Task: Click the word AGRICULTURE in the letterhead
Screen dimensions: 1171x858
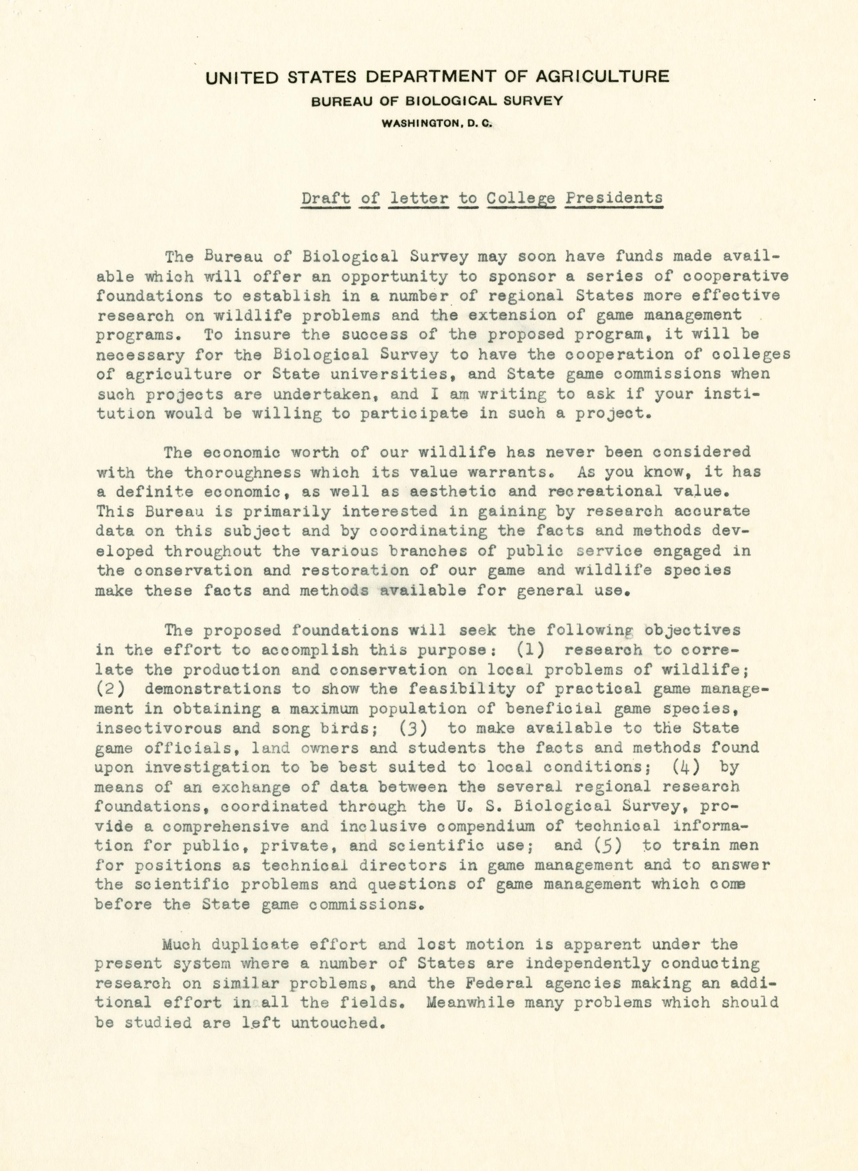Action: pos(602,77)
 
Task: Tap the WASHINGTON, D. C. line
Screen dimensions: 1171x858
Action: pos(436,123)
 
